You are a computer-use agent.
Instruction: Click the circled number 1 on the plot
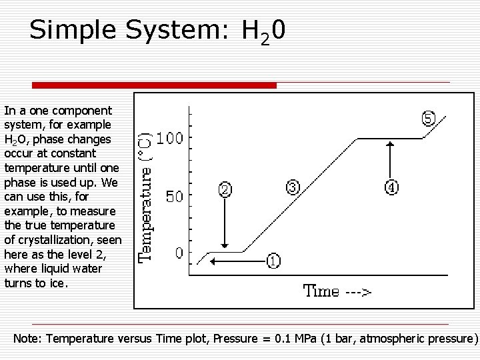coord(273,261)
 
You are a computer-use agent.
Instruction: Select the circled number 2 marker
coord(225,190)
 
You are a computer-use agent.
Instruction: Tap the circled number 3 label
coord(293,187)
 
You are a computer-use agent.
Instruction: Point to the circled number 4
coord(391,187)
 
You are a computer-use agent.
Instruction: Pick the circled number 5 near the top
coord(429,119)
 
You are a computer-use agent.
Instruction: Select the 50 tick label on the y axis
coord(175,197)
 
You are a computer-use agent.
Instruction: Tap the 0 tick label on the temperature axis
coord(179,254)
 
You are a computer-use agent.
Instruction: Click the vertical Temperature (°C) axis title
coord(145,197)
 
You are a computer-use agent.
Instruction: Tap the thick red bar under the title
coord(154,85)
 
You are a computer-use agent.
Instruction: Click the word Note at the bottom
coord(27,339)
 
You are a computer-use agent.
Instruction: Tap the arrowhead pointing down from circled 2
coord(225,245)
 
